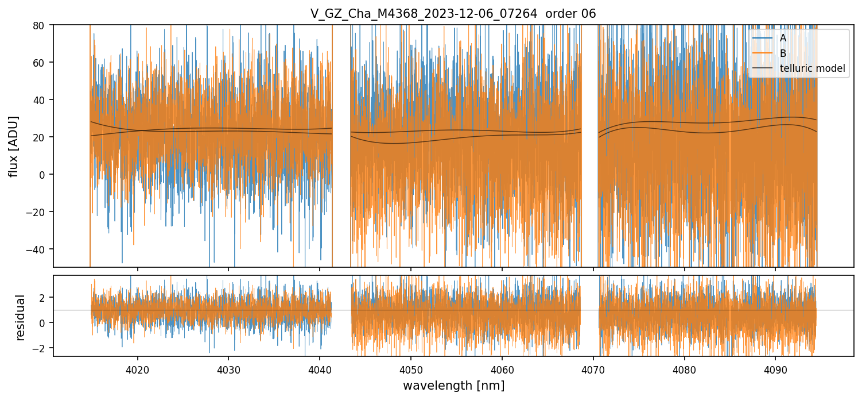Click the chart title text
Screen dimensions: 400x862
[453, 14]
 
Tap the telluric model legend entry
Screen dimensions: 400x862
[812, 68]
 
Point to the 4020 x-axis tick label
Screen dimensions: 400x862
[137, 370]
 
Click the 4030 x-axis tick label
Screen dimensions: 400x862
[228, 370]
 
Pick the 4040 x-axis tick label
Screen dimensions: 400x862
[320, 370]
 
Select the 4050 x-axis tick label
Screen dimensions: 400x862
[411, 370]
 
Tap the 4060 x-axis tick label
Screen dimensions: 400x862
[502, 370]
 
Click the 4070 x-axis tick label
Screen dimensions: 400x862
[593, 370]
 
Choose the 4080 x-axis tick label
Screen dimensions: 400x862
[685, 370]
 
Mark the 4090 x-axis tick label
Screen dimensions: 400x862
[776, 370]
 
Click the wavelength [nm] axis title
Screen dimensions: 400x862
[453, 385]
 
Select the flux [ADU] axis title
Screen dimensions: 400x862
[13, 146]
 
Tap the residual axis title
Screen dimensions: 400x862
[21, 317]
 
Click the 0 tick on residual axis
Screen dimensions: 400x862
[44, 323]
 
